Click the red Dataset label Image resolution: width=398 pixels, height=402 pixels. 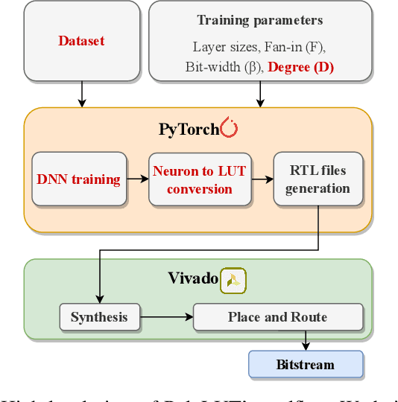click(81, 42)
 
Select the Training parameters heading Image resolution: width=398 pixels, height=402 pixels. click(259, 20)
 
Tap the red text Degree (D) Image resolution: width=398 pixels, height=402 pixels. click(301, 67)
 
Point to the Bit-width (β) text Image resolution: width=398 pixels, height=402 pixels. click(224, 67)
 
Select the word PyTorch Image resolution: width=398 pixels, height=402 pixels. click(188, 130)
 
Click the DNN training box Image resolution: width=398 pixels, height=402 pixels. click(78, 179)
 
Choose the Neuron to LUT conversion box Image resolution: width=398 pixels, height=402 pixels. click(199, 180)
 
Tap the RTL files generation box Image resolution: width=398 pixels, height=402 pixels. click(318, 180)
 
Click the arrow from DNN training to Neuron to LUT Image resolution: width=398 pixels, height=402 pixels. click(136, 179)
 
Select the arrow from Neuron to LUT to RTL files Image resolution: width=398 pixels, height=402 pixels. click(260, 179)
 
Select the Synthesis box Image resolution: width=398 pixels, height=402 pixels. click(99, 317)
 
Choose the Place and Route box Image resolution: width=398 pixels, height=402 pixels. click(277, 317)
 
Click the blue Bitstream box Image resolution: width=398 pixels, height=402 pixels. click(306, 365)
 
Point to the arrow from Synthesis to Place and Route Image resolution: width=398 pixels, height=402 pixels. click(166, 317)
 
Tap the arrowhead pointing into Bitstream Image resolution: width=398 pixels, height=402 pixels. click(306, 346)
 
